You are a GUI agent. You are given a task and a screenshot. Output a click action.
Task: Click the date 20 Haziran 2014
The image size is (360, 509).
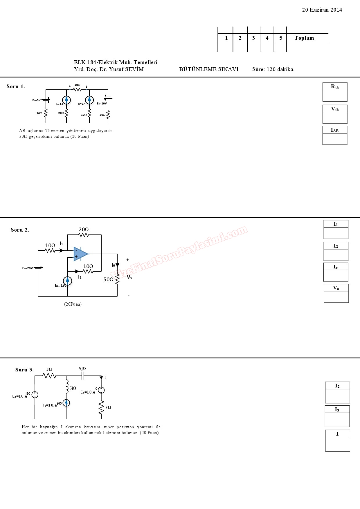(x=322, y=10)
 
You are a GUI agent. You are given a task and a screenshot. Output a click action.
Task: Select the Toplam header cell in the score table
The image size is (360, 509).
(x=304, y=38)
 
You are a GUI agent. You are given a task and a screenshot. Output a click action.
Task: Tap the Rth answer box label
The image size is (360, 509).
(x=335, y=86)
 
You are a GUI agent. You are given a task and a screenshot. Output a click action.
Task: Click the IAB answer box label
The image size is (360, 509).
(x=335, y=130)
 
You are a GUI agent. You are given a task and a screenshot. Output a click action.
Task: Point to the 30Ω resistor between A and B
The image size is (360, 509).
(x=77, y=89)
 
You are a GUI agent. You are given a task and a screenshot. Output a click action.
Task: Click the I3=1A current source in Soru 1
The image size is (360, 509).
(x=66, y=100)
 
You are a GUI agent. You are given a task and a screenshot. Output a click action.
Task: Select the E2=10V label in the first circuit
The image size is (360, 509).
(x=102, y=103)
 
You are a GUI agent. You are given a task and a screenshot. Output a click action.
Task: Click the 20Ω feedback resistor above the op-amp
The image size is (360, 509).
(x=84, y=234)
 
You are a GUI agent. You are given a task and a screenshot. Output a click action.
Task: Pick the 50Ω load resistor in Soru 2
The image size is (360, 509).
(x=117, y=279)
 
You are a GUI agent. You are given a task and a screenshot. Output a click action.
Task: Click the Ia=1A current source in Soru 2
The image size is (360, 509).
(x=68, y=281)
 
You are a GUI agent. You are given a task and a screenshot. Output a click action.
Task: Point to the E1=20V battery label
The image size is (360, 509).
(x=28, y=268)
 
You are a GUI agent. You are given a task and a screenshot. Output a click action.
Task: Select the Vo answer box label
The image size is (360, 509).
(x=336, y=288)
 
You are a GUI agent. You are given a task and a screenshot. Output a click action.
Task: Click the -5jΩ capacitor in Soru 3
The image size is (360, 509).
(x=83, y=376)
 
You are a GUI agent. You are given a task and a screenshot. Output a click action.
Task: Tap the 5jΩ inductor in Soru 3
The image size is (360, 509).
(x=67, y=388)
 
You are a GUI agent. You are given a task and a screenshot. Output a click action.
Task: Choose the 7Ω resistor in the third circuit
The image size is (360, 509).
(x=101, y=407)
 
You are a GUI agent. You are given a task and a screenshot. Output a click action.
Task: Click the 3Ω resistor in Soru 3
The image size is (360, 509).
(x=49, y=376)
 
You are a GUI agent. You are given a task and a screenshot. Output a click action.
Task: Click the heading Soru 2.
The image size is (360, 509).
(x=20, y=230)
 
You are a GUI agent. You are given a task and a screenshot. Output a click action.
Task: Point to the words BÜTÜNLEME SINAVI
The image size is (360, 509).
(x=209, y=69)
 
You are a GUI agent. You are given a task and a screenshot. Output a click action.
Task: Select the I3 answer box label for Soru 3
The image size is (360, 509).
(x=337, y=409)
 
